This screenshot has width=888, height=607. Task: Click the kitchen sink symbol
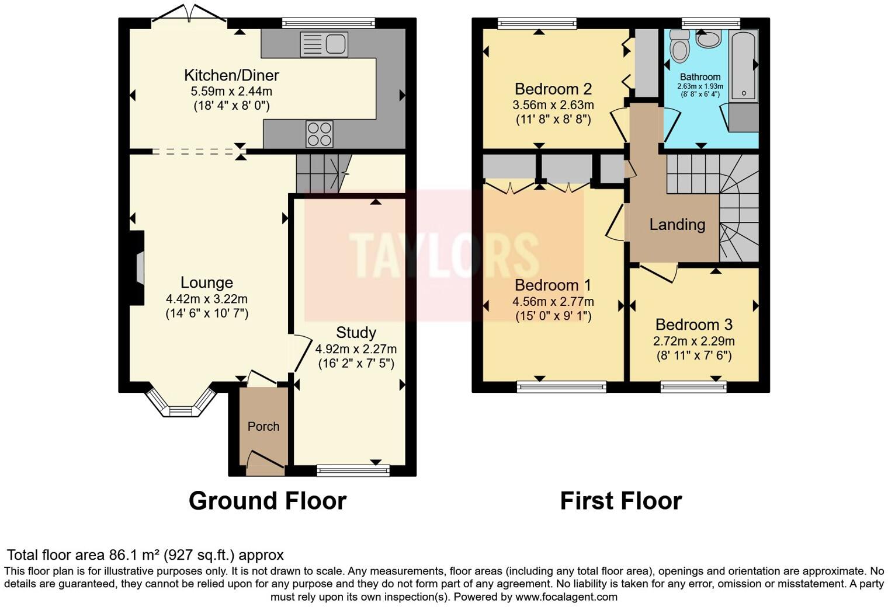pyautogui.click(x=324, y=44)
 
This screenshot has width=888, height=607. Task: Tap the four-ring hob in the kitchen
pyautogui.click(x=320, y=134)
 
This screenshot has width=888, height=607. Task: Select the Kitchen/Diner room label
pyautogui.click(x=231, y=75)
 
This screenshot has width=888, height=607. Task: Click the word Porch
pyautogui.click(x=263, y=427)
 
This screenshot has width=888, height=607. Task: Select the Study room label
pyautogui.click(x=356, y=333)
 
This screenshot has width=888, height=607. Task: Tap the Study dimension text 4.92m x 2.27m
pyautogui.click(x=356, y=349)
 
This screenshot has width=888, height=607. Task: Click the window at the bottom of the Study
pyautogui.click(x=353, y=470)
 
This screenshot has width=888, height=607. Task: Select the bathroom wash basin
pyautogui.click(x=708, y=40)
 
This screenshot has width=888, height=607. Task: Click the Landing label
pyautogui.click(x=677, y=225)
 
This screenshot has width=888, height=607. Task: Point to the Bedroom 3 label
pyautogui.click(x=693, y=325)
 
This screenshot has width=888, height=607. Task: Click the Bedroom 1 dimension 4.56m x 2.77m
pyautogui.click(x=553, y=302)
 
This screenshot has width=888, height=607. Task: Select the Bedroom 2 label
pyautogui.click(x=553, y=89)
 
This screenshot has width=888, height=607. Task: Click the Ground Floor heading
pyautogui.click(x=268, y=501)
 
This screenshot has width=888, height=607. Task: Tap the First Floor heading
pyautogui.click(x=620, y=501)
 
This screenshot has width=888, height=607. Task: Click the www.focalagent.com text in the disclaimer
pyautogui.click(x=566, y=597)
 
